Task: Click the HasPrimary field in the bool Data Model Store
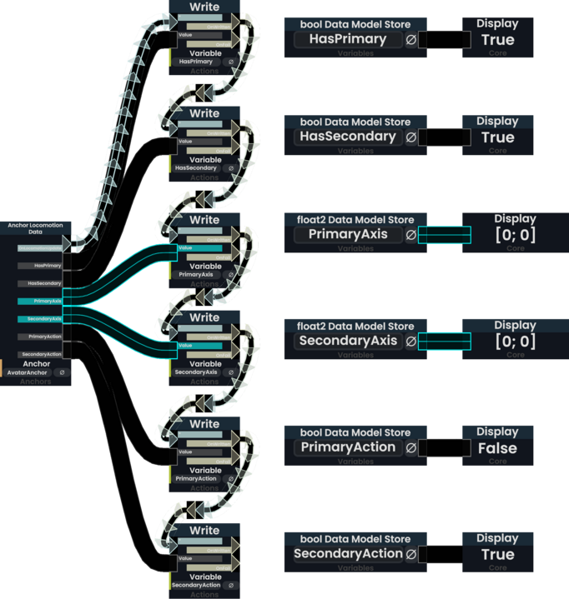click(x=347, y=39)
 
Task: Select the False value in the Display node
click(x=497, y=448)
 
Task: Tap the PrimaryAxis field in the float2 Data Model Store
click(x=348, y=235)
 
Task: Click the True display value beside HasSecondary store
click(x=497, y=137)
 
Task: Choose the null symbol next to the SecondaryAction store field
click(x=410, y=554)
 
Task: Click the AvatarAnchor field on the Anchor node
click(x=27, y=372)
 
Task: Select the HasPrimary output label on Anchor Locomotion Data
click(x=48, y=265)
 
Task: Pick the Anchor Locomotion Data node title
click(x=35, y=229)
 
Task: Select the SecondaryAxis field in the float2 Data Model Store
click(x=348, y=341)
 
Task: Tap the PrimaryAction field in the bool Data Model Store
click(x=348, y=447)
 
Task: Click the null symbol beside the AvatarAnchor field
click(x=62, y=372)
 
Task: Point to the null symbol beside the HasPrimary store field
click(x=410, y=39)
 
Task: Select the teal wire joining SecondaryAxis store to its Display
click(x=444, y=341)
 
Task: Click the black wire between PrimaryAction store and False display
click(x=444, y=448)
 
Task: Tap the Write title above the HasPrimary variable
click(x=204, y=7)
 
